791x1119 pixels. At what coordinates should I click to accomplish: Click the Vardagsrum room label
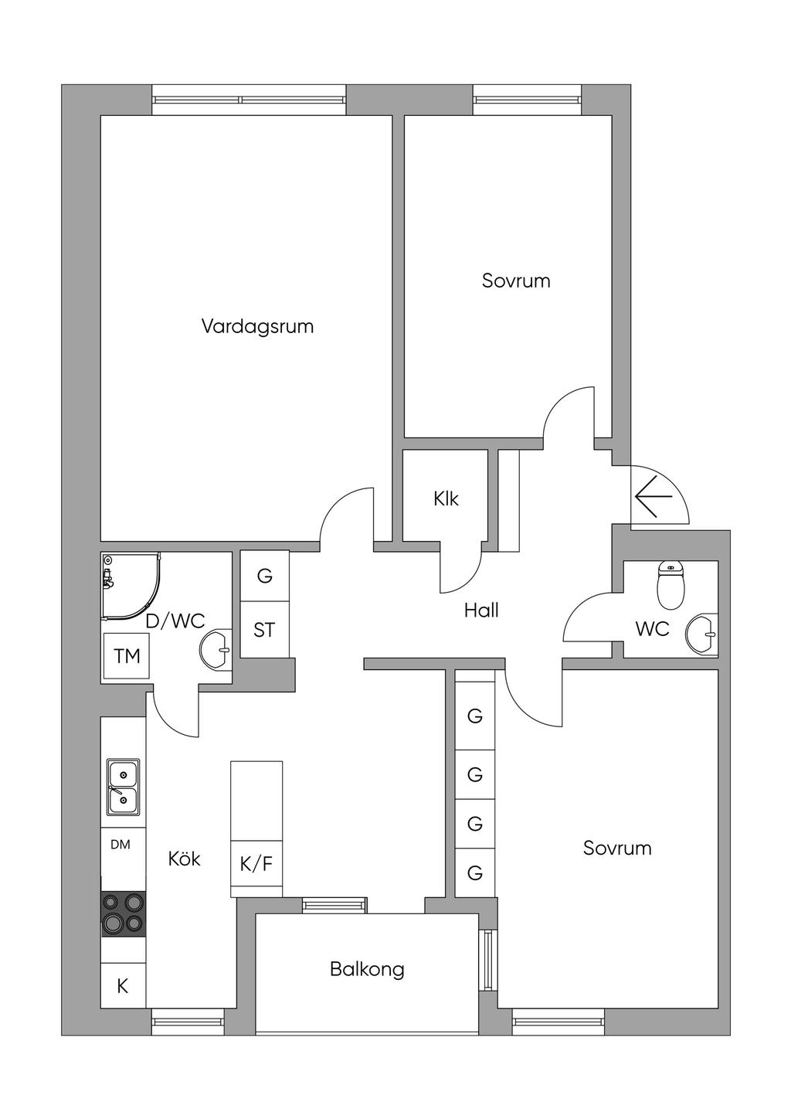pos(257,327)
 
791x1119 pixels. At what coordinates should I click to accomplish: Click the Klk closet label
pos(446,498)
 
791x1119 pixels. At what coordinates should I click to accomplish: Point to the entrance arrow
pos(654,497)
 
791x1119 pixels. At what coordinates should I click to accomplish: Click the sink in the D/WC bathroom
pos(216,650)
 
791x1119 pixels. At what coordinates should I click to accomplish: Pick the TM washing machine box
pos(127,655)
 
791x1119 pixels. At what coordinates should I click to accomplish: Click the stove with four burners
pos(124,914)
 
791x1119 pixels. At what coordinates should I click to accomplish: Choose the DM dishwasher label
pos(121,844)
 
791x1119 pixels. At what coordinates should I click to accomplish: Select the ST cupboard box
pos(265,629)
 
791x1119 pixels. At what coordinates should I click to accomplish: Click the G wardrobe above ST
pos(265,576)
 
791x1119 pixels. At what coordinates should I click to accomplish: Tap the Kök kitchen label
pos(185,859)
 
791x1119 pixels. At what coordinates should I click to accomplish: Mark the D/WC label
pos(175,621)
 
